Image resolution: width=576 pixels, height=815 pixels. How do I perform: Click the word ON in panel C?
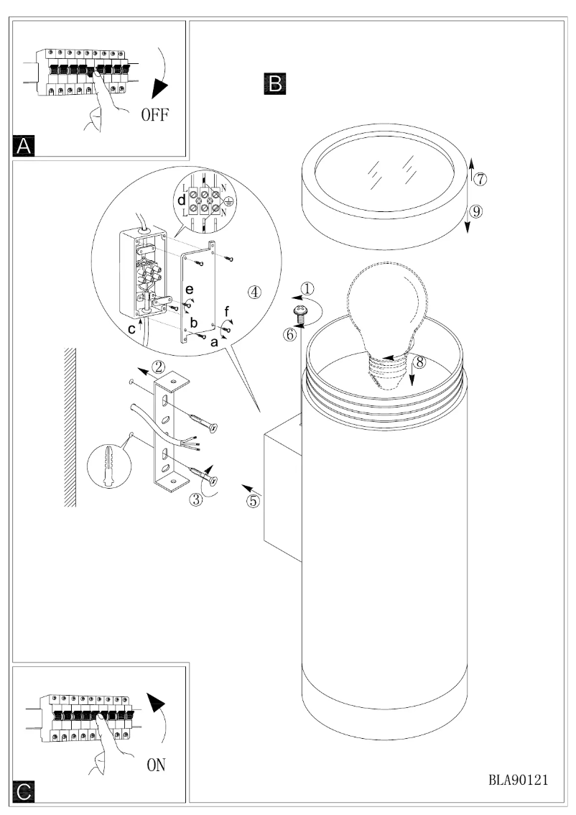(157, 765)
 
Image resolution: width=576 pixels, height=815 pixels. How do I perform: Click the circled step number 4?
(254, 292)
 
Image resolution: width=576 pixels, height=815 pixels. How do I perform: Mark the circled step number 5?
(253, 501)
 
